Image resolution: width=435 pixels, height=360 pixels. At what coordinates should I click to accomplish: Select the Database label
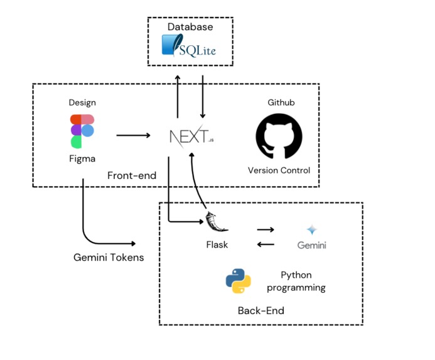(190, 27)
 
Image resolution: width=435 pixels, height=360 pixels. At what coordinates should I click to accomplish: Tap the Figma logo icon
(82, 131)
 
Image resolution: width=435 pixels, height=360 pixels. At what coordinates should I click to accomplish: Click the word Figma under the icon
(82, 158)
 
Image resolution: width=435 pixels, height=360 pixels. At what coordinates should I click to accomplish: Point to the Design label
(82, 102)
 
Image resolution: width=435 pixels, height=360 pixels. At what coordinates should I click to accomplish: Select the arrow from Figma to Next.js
(133, 135)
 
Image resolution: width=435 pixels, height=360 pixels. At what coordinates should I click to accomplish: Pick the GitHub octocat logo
(279, 136)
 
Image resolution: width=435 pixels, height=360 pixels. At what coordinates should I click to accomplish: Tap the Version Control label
(279, 170)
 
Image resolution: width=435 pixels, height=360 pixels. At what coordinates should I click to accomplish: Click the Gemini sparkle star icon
(311, 230)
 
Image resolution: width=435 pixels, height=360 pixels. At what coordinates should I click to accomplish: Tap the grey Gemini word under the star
(311, 245)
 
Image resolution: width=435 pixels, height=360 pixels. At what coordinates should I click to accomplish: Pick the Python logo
(238, 281)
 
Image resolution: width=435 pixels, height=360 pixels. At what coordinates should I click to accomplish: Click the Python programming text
(296, 281)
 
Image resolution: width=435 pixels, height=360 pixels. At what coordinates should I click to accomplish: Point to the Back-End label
(260, 310)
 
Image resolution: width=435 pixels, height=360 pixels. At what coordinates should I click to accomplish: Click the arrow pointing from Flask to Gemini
(266, 230)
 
